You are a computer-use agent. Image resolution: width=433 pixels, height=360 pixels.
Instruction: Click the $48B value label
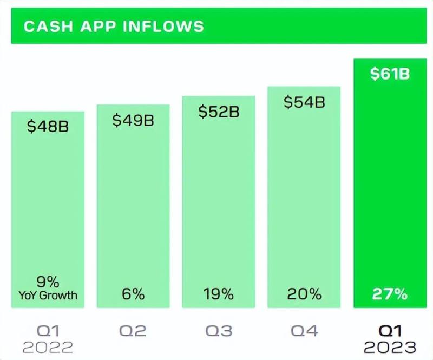click(48, 128)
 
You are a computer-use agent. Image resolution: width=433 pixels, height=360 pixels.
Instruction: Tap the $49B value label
click(133, 120)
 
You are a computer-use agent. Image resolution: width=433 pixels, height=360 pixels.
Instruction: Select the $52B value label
click(219, 112)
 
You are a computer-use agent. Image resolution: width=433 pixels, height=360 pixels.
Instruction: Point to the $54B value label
click(304, 102)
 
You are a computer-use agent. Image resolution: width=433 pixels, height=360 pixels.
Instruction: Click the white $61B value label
click(390, 74)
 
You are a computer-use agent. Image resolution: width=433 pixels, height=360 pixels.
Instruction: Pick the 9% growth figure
click(48, 282)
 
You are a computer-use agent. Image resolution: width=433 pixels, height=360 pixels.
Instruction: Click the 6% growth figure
click(133, 294)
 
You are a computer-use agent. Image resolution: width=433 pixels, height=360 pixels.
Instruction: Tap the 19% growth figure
click(219, 294)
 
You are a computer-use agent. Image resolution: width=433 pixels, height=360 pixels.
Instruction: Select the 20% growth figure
click(304, 294)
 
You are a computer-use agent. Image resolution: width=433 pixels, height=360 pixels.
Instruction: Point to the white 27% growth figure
click(390, 294)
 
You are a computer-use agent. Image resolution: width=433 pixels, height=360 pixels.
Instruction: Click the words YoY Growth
click(48, 296)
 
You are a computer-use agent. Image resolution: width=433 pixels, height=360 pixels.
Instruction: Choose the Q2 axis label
click(133, 330)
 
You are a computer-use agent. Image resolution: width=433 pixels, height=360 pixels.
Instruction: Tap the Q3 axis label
click(219, 330)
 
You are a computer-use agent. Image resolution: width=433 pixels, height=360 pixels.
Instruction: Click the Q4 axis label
click(304, 330)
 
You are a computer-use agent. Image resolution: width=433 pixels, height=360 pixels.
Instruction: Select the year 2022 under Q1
click(48, 347)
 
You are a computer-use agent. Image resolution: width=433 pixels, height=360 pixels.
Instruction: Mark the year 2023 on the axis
click(390, 347)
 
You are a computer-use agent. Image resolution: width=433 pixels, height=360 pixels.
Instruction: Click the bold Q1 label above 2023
click(390, 330)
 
